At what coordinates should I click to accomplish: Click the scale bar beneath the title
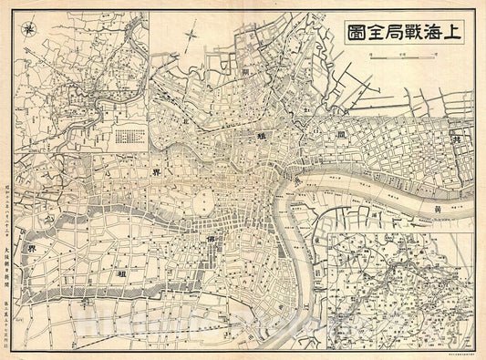tap(400, 56)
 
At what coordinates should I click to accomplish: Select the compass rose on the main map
tap(189, 39)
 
